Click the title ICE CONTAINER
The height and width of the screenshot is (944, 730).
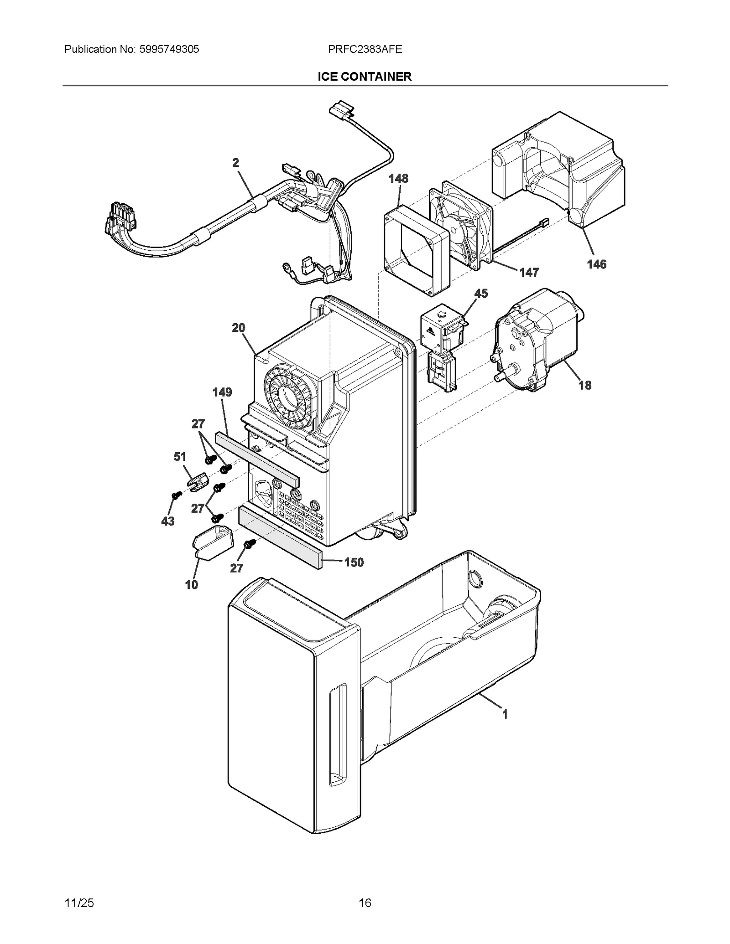(365, 77)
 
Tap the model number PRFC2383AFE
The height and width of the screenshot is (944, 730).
(365, 49)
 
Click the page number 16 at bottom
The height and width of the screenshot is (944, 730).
(365, 903)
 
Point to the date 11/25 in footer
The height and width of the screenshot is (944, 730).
(79, 903)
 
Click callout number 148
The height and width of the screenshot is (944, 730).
(398, 179)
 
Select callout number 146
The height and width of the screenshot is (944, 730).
(596, 264)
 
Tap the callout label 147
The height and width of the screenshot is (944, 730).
(529, 273)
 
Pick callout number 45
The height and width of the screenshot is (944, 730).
(481, 294)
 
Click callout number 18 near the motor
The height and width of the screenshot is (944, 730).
(584, 385)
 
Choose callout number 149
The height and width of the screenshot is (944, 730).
(222, 392)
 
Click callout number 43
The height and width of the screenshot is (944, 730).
(167, 521)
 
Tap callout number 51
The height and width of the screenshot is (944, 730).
(180, 456)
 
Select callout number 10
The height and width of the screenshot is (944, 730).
(191, 584)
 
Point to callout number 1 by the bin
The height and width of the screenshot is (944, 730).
(505, 715)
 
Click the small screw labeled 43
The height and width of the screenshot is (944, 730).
(175, 495)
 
